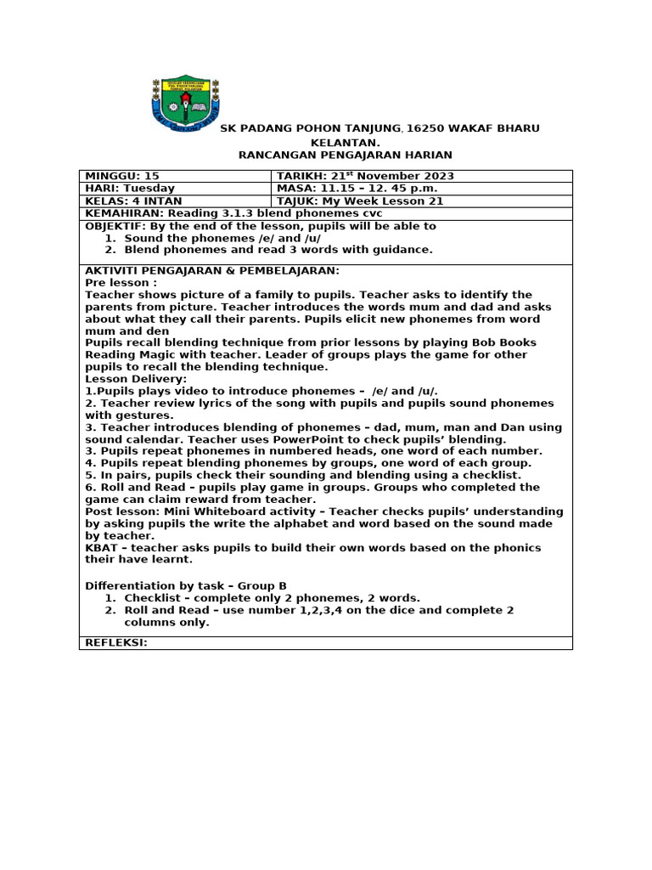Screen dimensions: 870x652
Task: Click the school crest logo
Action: click(x=185, y=104)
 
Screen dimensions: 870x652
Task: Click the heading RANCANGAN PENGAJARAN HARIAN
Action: click(x=346, y=155)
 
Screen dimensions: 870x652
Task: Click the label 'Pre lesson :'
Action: click(x=121, y=283)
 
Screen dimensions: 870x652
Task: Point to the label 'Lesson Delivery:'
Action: click(x=136, y=379)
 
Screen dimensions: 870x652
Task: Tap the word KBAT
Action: click(x=100, y=548)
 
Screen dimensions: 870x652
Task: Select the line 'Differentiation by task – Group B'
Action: click(x=186, y=585)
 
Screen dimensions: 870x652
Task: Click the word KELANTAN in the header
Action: click(x=346, y=143)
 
